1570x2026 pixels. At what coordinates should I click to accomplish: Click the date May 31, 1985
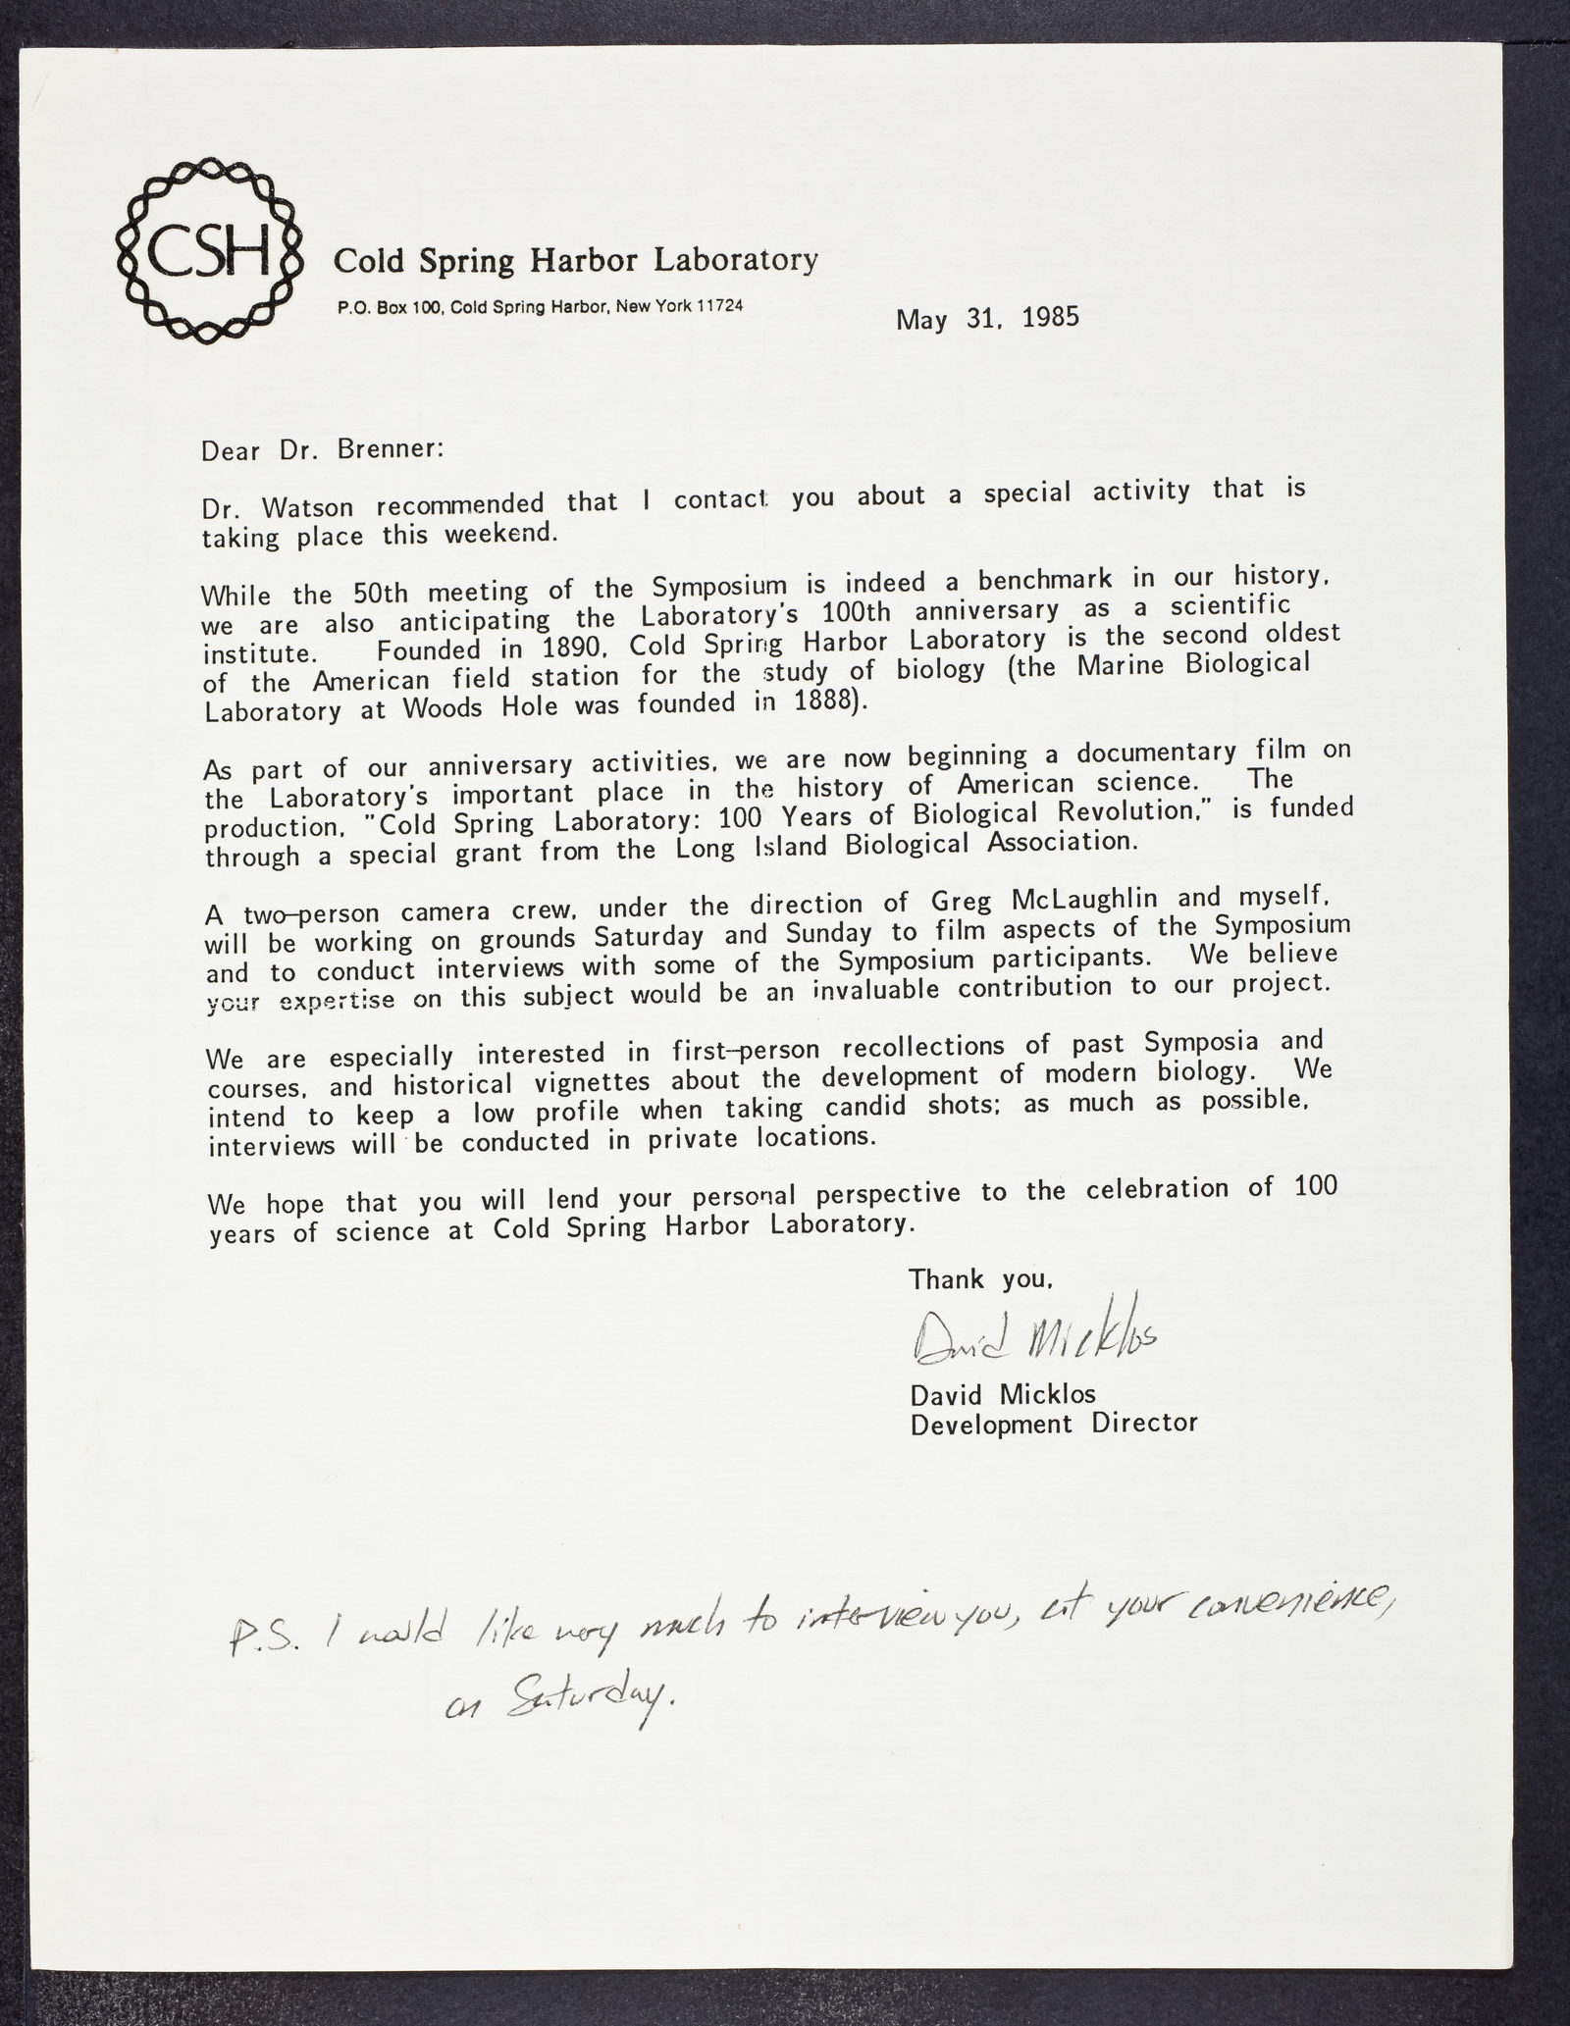pos(986,319)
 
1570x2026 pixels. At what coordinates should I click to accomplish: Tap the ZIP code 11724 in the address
pos(718,304)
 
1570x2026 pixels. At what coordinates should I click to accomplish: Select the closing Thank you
pos(982,1279)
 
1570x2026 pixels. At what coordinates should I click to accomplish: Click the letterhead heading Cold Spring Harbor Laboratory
pos(575,261)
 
